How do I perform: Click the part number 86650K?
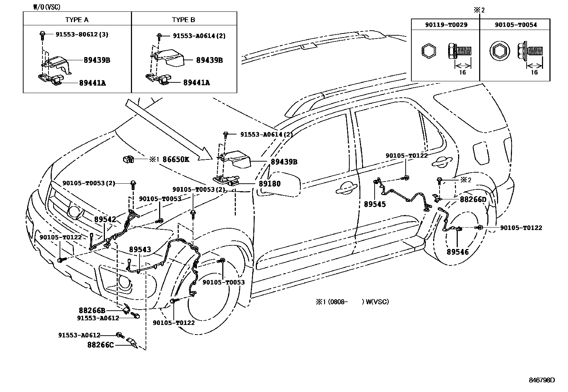tap(176, 159)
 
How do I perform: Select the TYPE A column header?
tap(77, 20)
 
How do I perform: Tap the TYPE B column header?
tap(183, 20)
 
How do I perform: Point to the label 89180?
tap(269, 184)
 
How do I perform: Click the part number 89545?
tap(375, 205)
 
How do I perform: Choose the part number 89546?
tap(457, 252)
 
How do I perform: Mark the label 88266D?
tap(473, 199)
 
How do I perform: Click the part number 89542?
tap(105, 219)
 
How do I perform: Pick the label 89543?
tap(140, 250)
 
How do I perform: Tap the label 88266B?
tap(92, 310)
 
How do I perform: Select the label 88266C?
tap(100, 345)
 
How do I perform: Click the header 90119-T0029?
tap(446, 25)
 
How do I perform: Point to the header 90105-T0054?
tap(516, 25)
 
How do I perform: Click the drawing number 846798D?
tap(542, 380)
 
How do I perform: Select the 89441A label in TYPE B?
tap(196, 83)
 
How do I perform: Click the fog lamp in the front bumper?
tap(125, 282)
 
